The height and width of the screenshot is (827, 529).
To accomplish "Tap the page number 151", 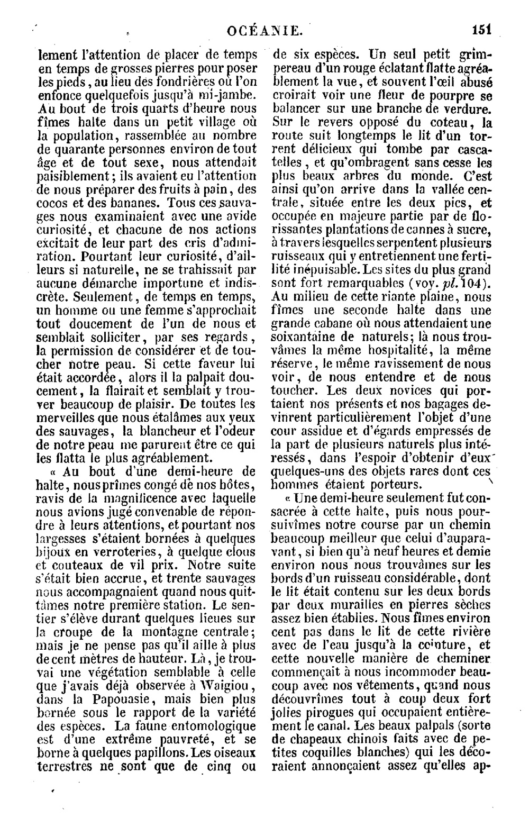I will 482,30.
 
